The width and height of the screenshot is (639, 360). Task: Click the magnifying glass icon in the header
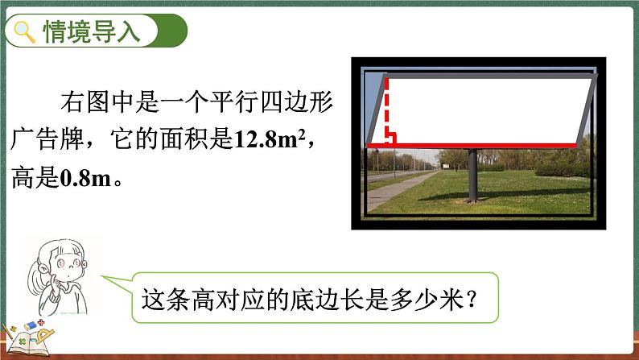click(x=26, y=33)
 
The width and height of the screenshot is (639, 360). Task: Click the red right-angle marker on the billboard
click(x=390, y=139)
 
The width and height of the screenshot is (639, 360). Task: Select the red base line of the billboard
click(x=475, y=146)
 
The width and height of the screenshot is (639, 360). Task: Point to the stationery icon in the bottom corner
click(x=27, y=337)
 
